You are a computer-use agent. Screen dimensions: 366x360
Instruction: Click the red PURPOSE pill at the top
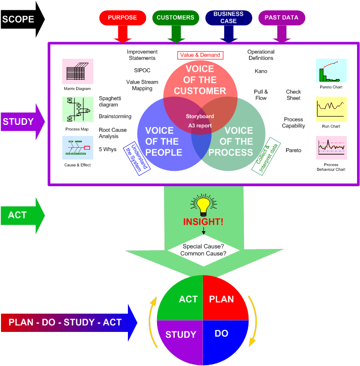pyautogui.click(x=122, y=18)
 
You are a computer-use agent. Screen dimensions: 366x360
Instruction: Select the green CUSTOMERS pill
pyautogui.click(x=175, y=18)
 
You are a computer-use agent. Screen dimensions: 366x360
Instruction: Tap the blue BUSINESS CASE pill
pyautogui.click(x=229, y=18)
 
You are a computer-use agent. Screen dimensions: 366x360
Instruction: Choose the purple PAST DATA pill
pyautogui.click(x=281, y=18)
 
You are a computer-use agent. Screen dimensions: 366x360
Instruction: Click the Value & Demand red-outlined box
pyautogui.click(x=200, y=55)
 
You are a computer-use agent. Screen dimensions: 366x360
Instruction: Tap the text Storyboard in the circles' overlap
pyautogui.click(x=200, y=116)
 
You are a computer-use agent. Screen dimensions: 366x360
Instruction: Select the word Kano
pyautogui.click(x=261, y=71)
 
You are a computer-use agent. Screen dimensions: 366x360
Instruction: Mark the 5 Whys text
pyautogui.click(x=107, y=149)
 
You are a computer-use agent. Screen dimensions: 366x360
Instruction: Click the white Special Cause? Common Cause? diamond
pyautogui.click(x=203, y=250)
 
